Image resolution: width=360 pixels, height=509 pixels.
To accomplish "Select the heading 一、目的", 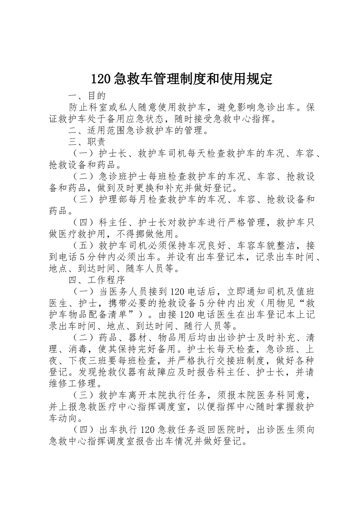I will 87,95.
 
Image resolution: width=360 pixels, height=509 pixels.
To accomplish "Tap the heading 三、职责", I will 87,142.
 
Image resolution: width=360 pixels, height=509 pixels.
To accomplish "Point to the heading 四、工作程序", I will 97,280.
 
